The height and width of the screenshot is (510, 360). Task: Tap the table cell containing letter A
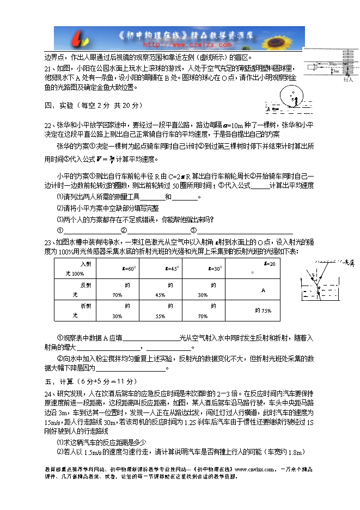263,290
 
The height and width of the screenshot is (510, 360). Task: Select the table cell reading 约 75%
263,311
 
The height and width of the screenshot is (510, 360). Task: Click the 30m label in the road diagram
333,64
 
